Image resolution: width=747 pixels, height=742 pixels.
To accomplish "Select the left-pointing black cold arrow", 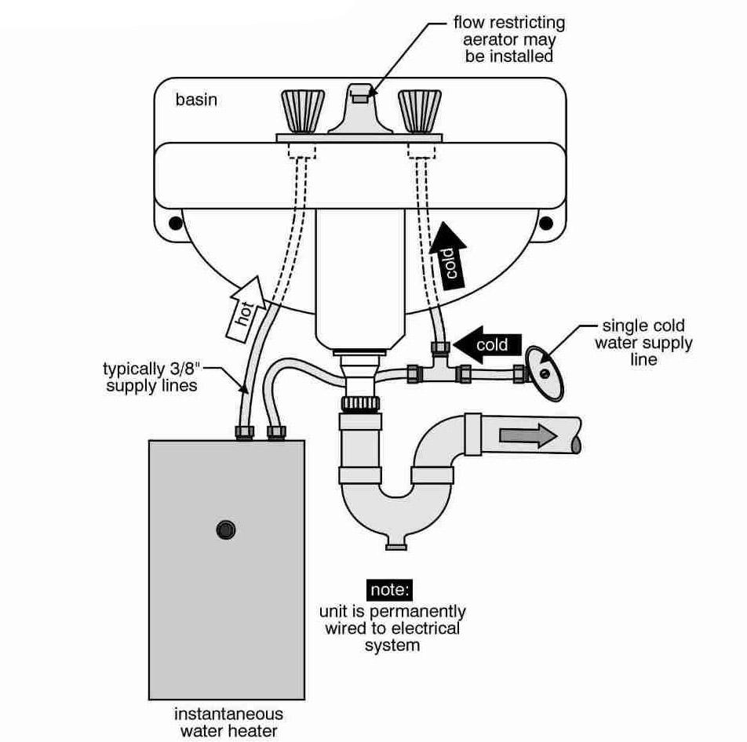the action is point(487,344).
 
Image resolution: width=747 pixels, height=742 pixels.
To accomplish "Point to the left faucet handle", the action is point(303,111).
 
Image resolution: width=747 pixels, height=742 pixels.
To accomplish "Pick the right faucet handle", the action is point(419,111).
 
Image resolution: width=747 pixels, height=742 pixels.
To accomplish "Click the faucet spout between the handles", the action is point(359,110).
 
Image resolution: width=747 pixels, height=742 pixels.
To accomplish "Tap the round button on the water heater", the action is point(226,529).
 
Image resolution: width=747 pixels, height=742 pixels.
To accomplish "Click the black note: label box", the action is point(390,590).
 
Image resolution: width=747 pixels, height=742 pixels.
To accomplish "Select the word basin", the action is point(196,100).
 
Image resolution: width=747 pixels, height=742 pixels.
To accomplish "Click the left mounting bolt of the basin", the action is point(176,223).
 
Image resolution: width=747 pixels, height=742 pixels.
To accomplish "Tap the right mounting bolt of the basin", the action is point(546,223).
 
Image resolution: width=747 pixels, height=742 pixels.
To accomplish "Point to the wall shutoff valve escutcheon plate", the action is point(544,373).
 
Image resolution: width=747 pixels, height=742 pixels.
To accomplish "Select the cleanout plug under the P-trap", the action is point(396,543).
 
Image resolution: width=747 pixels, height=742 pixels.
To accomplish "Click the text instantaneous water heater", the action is point(228,722).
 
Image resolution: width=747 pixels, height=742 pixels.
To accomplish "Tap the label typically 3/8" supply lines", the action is point(151,376).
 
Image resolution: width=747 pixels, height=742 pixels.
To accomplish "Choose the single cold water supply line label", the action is point(643,343).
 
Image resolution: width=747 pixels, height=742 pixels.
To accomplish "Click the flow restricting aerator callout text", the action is point(509,39).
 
